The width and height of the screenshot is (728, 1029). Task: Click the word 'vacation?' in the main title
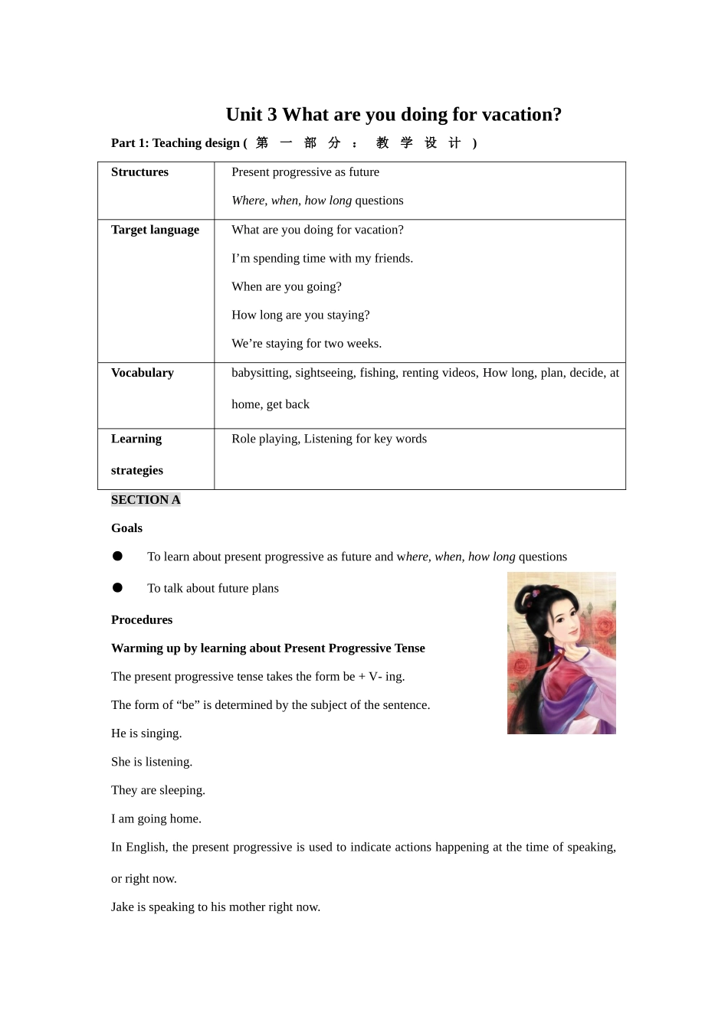coord(523,115)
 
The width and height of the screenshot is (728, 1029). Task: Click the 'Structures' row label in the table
coord(139,172)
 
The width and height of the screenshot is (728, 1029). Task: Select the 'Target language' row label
coord(155,230)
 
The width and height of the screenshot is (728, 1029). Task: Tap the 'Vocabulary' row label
coord(142,373)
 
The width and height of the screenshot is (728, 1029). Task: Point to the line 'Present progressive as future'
coord(305,172)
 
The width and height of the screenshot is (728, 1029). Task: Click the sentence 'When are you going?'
coord(287,287)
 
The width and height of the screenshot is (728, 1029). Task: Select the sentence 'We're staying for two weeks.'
coord(307,344)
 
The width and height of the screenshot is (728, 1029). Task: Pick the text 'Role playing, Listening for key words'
coord(329,439)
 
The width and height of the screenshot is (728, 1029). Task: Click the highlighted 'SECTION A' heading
coord(146,500)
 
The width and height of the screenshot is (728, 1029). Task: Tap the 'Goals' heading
coord(126,528)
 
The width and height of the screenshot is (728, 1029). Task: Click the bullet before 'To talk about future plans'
coord(117,588)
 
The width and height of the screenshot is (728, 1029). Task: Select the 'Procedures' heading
coord(142,620)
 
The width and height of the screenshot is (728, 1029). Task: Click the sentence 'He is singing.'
coord(146,733)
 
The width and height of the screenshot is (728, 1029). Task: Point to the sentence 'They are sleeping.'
coord(158,790)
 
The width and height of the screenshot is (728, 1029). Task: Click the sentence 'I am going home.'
coord(156,818)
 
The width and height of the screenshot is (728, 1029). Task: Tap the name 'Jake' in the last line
coord(123,907)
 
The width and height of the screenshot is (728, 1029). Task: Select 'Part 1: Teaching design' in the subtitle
coord(175,143)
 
